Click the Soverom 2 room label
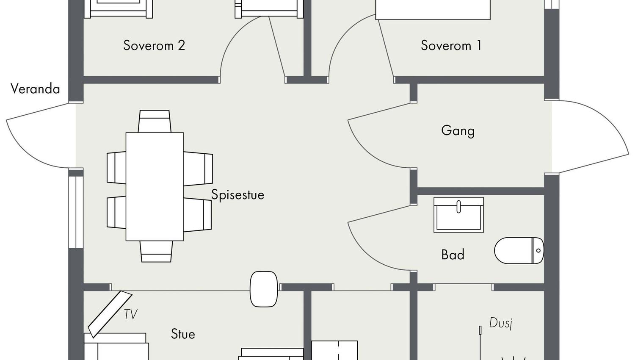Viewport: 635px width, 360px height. tap(154, 45)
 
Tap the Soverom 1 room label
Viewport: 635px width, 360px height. tap(451, 45)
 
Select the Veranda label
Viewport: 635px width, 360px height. tap(36, 89)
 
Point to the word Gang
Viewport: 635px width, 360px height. tap(458, 131)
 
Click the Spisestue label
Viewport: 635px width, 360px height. tap(237, 195)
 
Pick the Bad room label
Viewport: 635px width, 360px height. tap(453, 255)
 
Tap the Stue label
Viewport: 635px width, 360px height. tap(183, 334)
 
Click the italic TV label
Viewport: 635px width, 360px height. tap(131, 314)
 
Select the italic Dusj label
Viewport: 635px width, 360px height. tap(501, 323)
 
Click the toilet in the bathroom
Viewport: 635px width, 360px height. tap(519, 250)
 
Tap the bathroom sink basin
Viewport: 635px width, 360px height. tap(458, 215)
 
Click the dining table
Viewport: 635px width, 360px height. tap(155, 186)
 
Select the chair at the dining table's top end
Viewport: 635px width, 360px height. tap(155, 121)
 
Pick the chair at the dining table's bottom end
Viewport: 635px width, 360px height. tap(156, 251)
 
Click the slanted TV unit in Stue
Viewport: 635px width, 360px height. tap(110, 314)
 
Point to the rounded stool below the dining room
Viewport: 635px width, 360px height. tap(264, 289)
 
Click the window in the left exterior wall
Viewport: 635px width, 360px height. tap(75, 212)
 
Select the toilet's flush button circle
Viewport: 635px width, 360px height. tap(538, 250)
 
